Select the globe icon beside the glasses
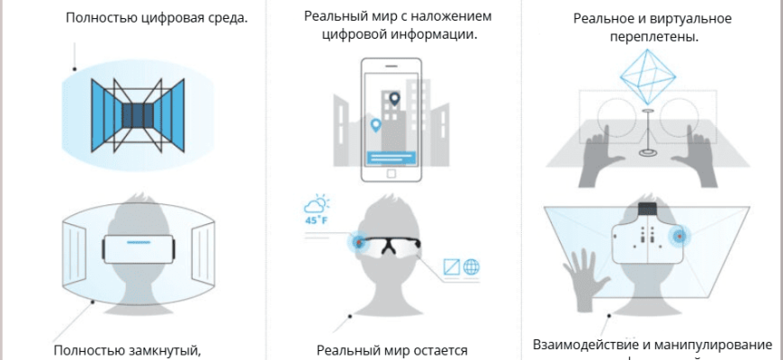[x=470, y=266]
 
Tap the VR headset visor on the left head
[x=138, y=246]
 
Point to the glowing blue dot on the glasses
[x=360, y=242]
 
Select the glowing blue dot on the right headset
[x=679, y=237]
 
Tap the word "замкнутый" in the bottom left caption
[x=162, y=350]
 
